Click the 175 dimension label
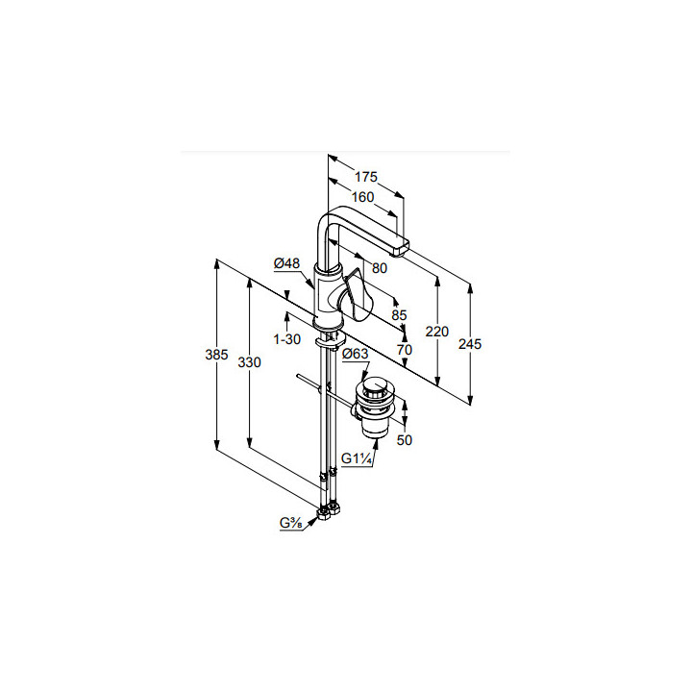point(366,177)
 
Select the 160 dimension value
point(362,197)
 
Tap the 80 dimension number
point(380,268)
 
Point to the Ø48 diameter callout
point(286,263)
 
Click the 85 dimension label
point(399,315)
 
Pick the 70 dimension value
point(405,350)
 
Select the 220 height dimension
point(437,332)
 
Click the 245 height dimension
point(470,344)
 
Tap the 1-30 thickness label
point(286,339)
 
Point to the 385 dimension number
point(216,355)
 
